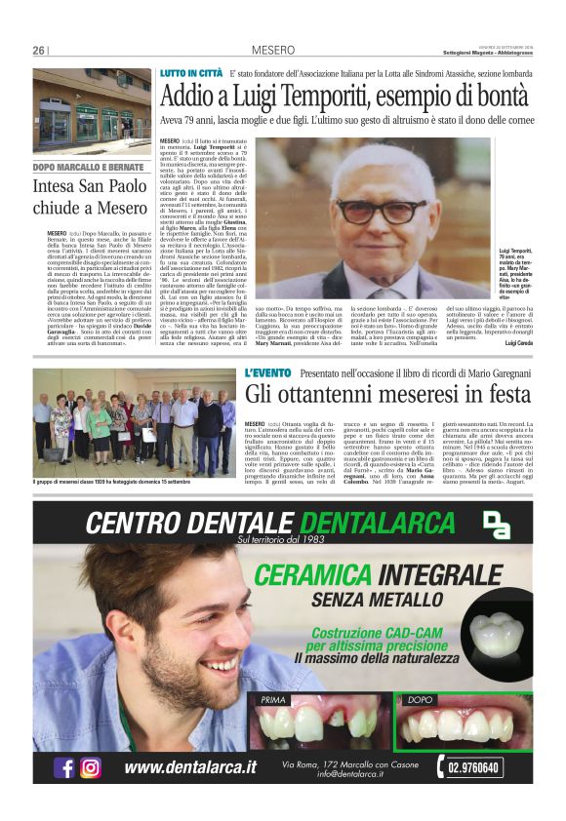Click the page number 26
tap(39, 51)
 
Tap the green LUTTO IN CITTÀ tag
tap(190, 74)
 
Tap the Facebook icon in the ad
tap(65, 767)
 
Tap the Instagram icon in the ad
tap(91, 767)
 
